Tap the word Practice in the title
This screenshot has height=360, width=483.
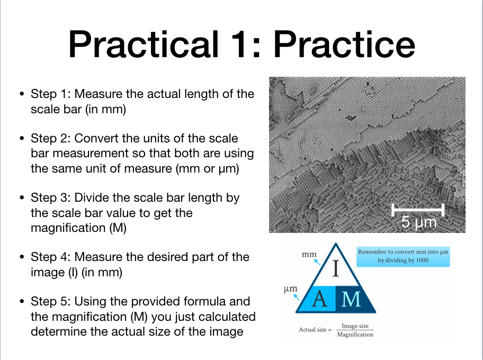click(344, 44)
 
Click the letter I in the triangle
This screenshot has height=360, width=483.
click(336, 269)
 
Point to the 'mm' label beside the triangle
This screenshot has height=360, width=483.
click(309, 255)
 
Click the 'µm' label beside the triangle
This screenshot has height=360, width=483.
click(290, 289)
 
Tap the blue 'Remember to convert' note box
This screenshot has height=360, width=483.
click(403, 256)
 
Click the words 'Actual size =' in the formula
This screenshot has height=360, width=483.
click(315, 330)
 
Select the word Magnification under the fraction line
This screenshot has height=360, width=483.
click(355, 335)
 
